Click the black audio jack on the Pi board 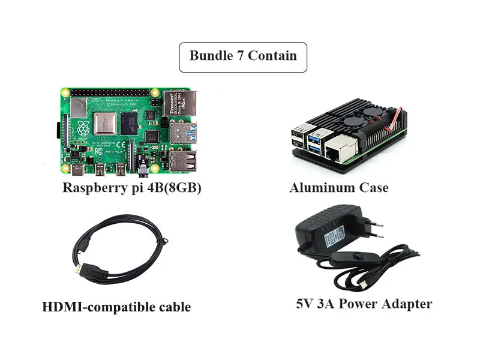pyautogui.click(x=143, y=166)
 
